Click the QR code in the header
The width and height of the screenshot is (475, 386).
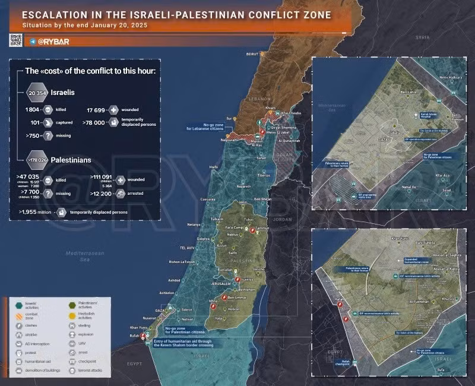click(15, 40)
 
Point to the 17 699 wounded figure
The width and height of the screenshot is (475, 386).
click(96, 110)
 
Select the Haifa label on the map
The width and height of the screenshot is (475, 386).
click(214, 167)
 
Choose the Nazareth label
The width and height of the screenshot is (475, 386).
click(244, 186)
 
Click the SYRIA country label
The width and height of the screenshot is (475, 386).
click(422, 37)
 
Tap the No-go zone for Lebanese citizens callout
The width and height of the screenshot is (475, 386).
click(206, 126)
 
